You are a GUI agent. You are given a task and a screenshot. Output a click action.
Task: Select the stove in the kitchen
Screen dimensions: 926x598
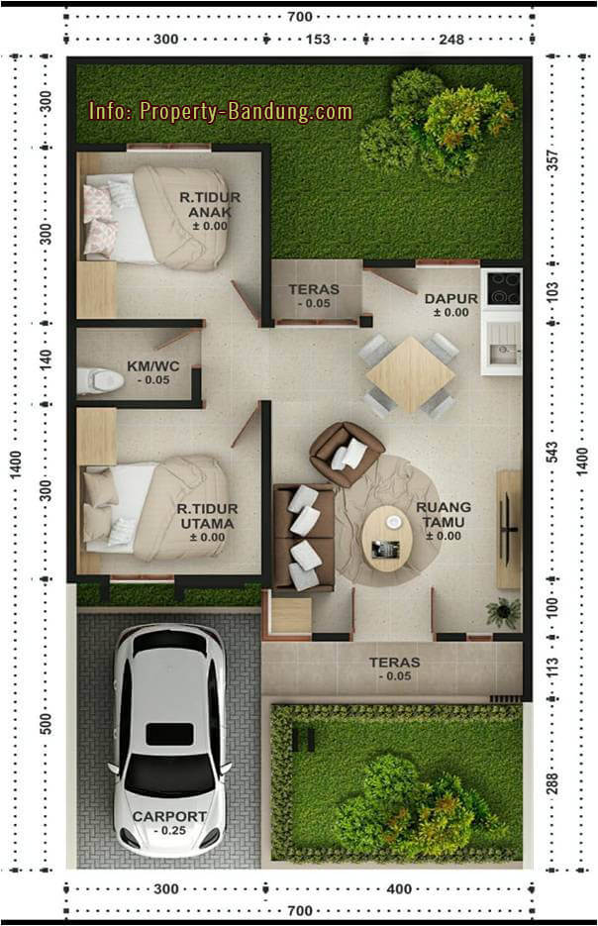(501, 288)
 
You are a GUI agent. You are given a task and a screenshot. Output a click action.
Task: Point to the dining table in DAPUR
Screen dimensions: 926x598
(410, 374)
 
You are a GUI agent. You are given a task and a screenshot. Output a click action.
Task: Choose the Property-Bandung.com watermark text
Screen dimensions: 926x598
(220, 112)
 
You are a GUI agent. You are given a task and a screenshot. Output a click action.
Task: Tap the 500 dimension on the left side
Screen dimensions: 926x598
(47, 724)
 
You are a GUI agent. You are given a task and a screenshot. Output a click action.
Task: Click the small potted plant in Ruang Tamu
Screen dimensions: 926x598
(504, 611)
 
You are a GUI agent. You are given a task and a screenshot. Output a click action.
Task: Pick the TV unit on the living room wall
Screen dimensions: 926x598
(509, 529)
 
